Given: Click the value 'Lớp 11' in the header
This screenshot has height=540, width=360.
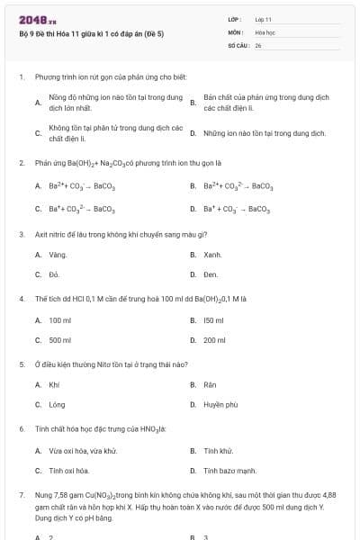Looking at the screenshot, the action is point(263,19).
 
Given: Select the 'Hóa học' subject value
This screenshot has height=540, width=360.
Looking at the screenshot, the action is point(264,31).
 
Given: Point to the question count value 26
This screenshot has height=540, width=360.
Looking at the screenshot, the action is point(258,44).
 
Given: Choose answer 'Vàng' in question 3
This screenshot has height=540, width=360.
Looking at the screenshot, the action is point(58,255).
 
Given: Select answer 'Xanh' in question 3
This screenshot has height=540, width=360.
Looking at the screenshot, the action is point(212,255).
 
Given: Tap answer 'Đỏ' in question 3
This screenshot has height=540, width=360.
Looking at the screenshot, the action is point(55,274).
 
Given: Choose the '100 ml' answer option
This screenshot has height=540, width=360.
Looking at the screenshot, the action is point(60,320).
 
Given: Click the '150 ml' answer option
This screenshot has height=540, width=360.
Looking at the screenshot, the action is point(213,320).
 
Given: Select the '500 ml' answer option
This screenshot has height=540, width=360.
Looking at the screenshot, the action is point(60,340).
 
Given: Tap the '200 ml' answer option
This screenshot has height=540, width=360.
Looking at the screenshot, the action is point(214,340).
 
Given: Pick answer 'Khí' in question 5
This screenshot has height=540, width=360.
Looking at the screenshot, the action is point(54,385).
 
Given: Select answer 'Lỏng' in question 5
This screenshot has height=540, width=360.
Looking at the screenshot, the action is point(57,405).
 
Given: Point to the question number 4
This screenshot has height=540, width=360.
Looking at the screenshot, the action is point(21,297).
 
